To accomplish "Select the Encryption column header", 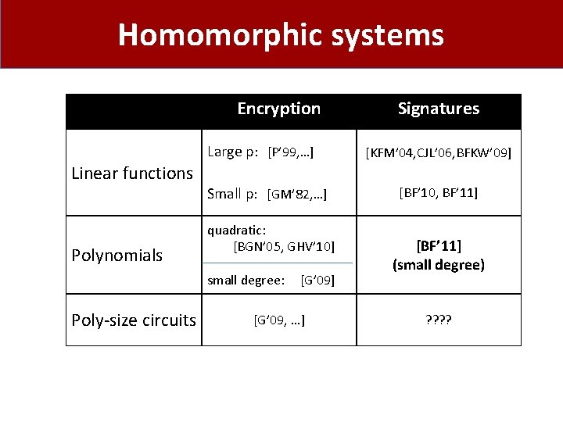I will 278,109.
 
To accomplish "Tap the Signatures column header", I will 438,109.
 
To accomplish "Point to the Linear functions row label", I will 131,173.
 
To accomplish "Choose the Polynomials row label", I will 117,255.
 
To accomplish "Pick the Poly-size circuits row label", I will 133,320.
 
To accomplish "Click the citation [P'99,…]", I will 291,152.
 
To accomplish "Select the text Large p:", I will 233,152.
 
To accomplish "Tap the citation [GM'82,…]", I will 296,194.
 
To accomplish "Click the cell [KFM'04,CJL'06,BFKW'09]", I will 438,152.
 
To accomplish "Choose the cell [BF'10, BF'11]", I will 438,192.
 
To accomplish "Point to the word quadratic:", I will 236,230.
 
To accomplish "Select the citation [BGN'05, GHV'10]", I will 284,247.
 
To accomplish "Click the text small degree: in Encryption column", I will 246,280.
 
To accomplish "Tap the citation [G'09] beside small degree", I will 317,280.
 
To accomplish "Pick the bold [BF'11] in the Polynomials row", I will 438,247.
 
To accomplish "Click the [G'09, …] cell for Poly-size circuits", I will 279,319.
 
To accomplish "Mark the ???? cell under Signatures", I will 438,319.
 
